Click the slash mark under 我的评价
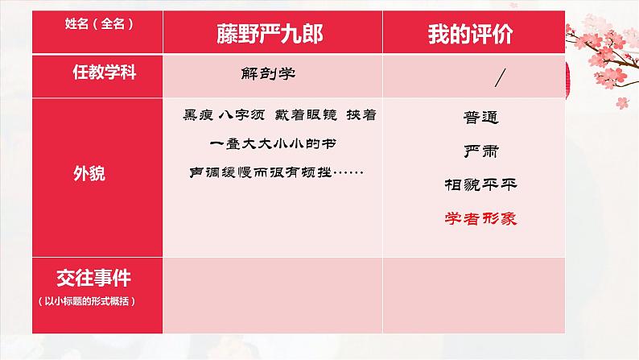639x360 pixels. tap(500, 78)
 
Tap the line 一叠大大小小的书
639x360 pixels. tap(262, 144)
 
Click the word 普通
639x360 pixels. tap(480, 118)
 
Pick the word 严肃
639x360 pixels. tap(480, 151)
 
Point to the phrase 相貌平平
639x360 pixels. tap(480, 184)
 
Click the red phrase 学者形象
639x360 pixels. tap(480, 218)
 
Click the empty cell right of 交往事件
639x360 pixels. tap(273, 294)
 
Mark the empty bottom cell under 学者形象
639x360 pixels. tap(480, 294)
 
